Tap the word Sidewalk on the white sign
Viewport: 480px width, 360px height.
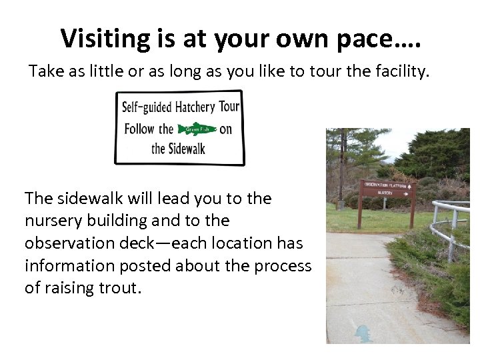[187, 149]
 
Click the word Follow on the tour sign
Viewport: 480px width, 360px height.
[139, 129]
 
